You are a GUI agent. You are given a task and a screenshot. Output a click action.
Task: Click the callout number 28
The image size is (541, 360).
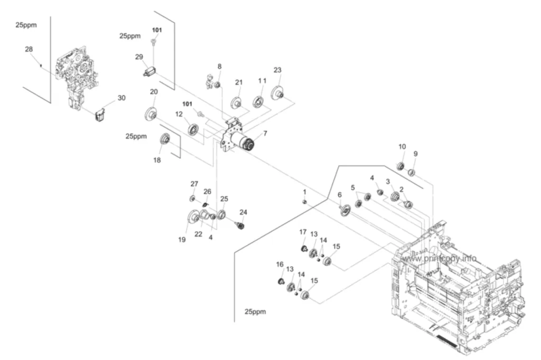pyautogui.click(x=29, y=49)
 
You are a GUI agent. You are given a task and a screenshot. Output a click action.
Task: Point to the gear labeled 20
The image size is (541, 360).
pyautogui.click(x=151, y=113)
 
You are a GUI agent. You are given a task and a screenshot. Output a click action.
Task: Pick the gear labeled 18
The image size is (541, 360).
pyautogui.click(x=165, y=139)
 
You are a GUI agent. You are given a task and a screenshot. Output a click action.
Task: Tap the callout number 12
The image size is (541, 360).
pyautogui.click(x=179, y=114)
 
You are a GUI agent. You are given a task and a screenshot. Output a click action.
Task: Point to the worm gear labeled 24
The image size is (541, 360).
pyautogui.click(x=241, y=226)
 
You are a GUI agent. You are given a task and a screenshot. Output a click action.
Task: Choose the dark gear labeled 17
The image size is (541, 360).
pyautogui.click(x=303, y=248)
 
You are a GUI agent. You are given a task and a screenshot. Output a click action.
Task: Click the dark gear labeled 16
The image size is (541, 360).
pyautogui.click(x=281, y=281)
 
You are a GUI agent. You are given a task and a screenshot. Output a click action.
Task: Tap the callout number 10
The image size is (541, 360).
pyautogui.click(x=402, y=147)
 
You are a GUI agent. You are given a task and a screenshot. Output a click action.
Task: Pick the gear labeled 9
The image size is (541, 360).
pyautogui.click(x=411, y=172)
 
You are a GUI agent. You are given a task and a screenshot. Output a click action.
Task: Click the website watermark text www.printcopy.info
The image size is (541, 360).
pyautogui.click(x=439, y=258)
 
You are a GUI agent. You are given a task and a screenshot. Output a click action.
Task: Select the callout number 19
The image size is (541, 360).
pyautogui.click(x=182, y=240)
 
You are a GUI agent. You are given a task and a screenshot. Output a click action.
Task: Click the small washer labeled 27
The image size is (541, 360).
pyautogui.click(x=192, y=198)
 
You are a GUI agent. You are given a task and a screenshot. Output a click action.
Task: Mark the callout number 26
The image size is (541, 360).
pyautogui.click(x=207, y=192)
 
